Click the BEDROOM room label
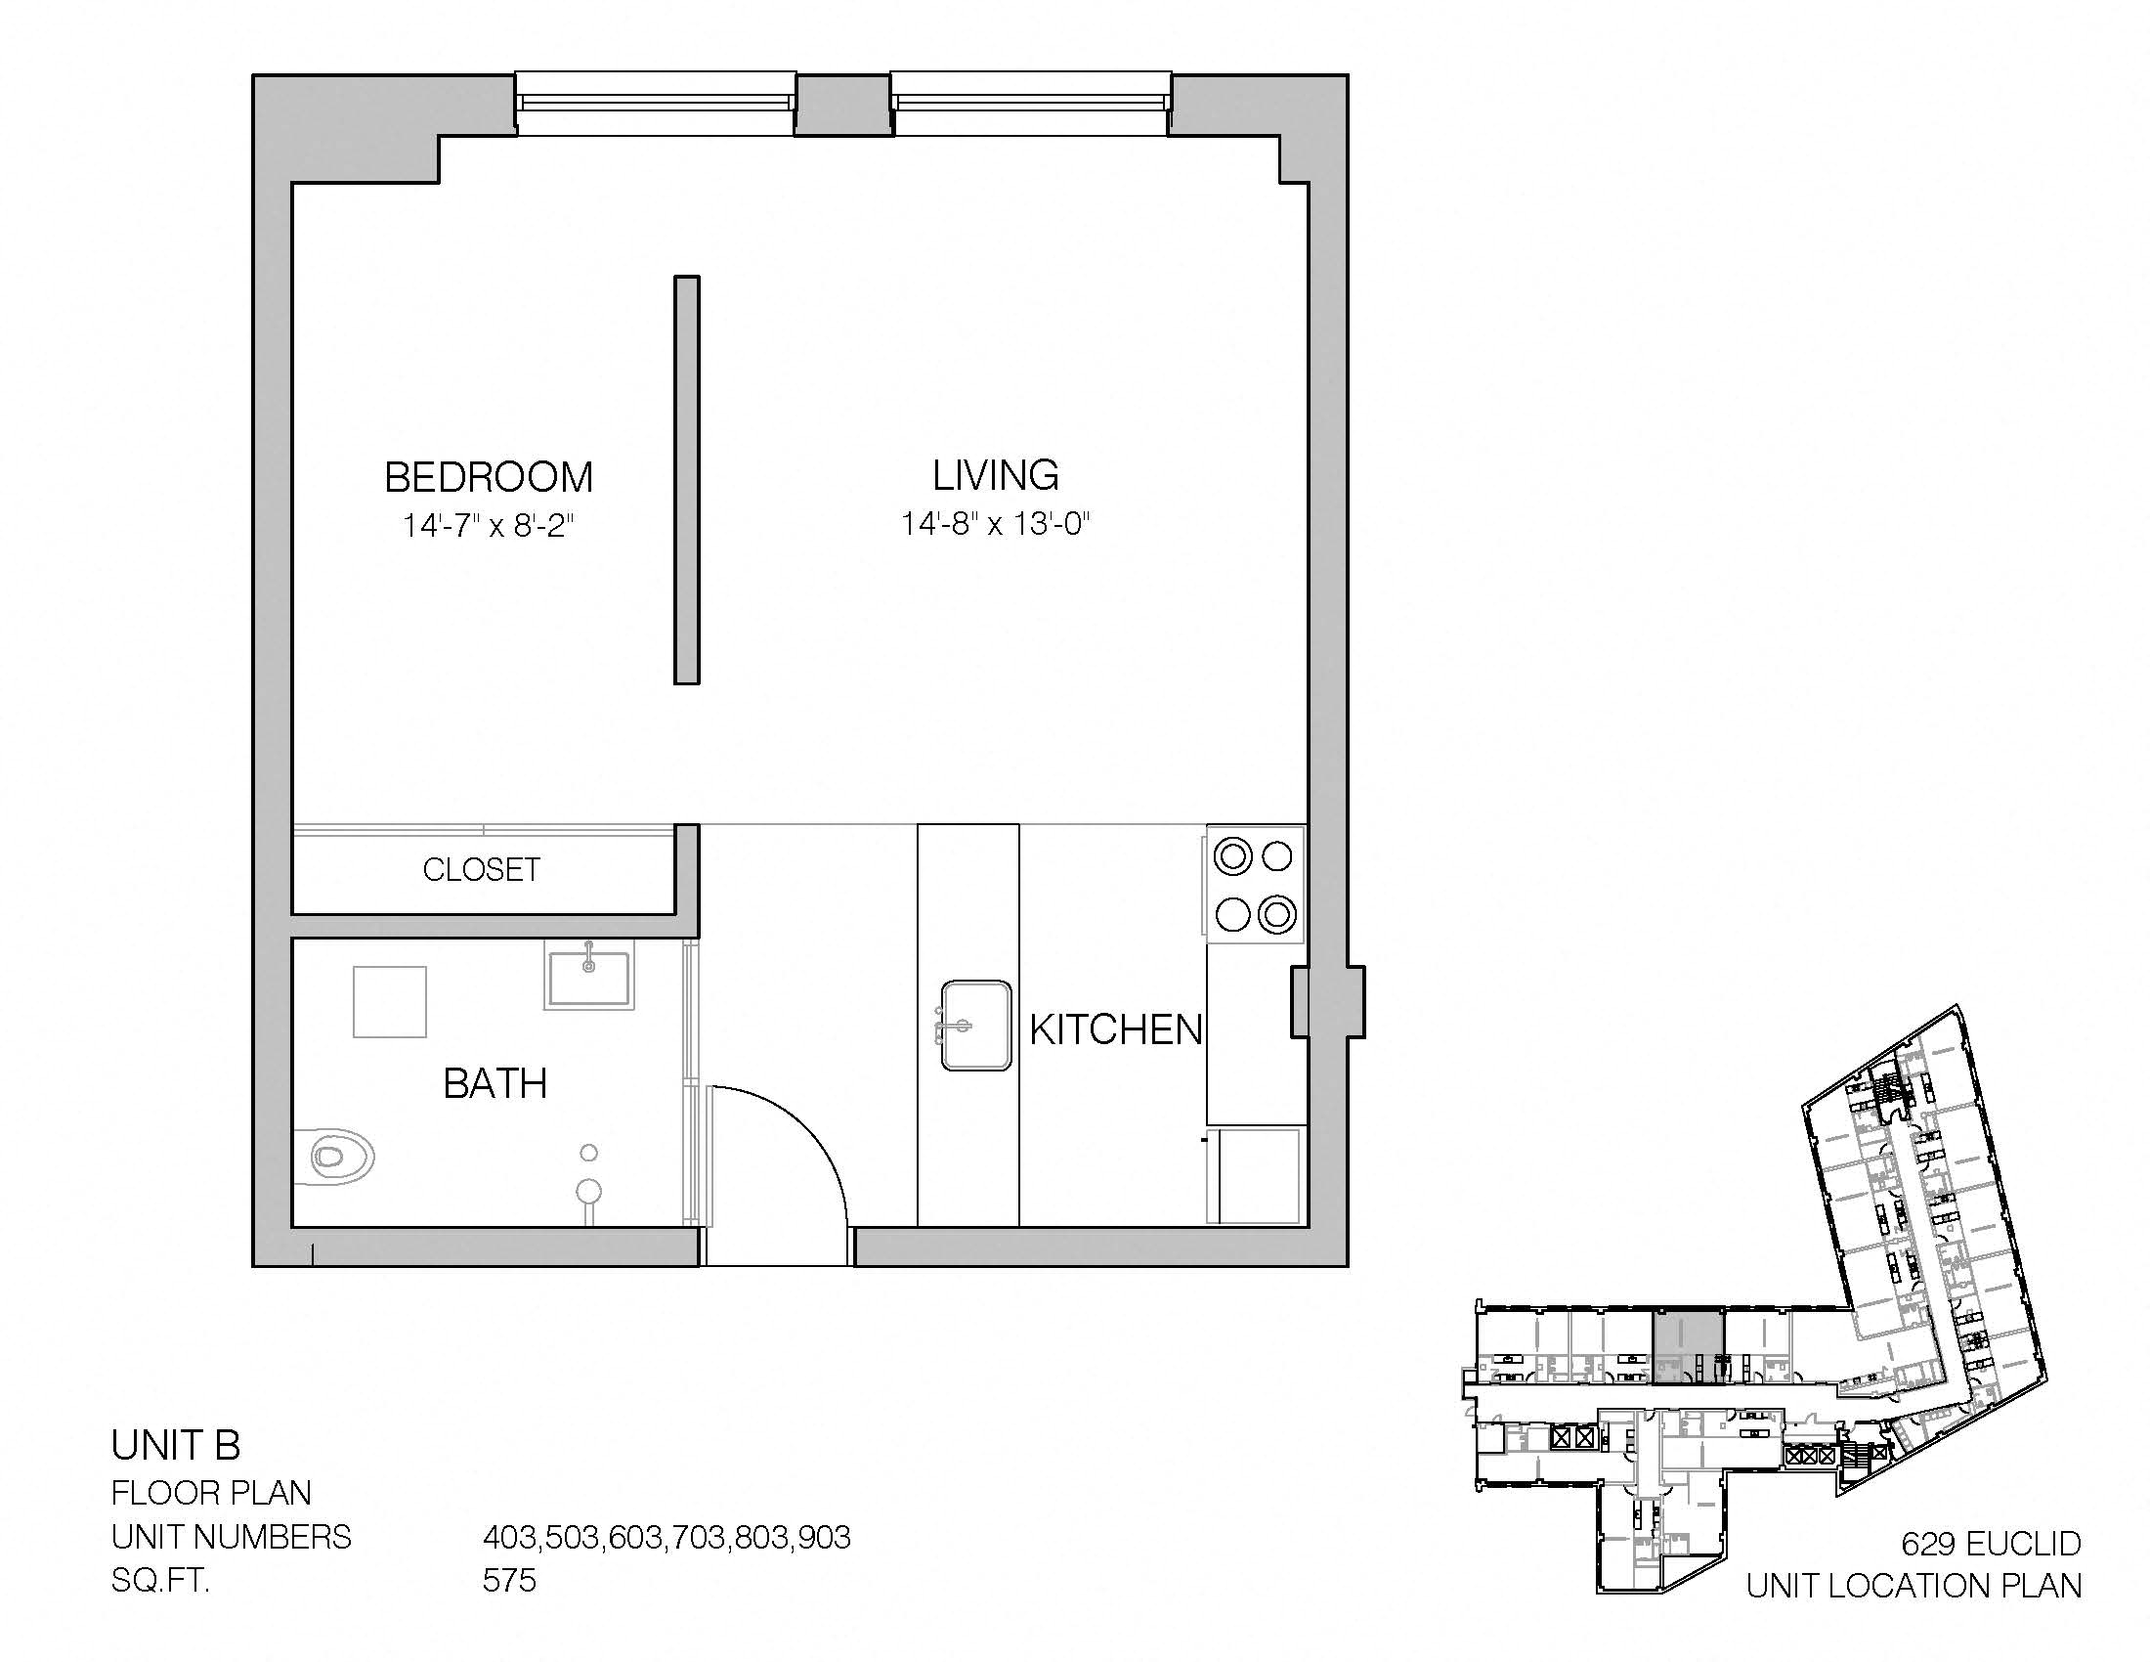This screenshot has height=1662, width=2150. tap(489, 477)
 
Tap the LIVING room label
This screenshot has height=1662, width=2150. tap(995, 475)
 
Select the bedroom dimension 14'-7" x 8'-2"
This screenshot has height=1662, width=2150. tap(489, 526)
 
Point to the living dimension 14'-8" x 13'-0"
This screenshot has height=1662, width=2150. tap(995, 523)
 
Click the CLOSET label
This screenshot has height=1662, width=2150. tap(482, 869)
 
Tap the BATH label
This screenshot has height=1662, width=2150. tap(495, 1084)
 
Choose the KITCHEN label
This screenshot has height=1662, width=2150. tap(1116, 1029)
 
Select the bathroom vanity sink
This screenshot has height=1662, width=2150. tap(588, 974)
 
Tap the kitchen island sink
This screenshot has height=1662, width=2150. tap(975, 1025)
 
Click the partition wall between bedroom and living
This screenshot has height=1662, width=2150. tap(687, 479)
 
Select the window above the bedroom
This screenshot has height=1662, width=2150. tap(656, 104)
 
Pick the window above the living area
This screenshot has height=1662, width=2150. tap(1032, 104)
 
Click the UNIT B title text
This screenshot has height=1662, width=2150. tap(176, 1445)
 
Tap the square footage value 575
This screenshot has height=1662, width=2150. tap(509, 1580)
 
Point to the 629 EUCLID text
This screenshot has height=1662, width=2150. tap(1991, 1543)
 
